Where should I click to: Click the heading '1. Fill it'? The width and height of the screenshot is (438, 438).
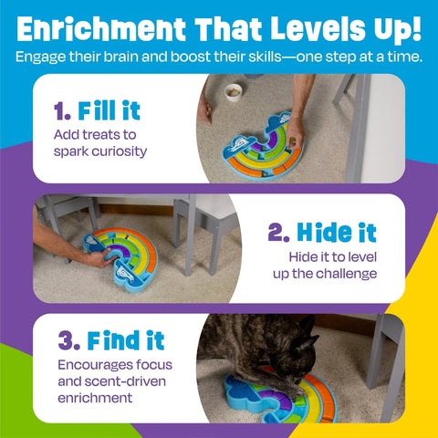click(x=97, y=112)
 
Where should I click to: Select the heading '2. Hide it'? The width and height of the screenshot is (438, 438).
click(x=322, y=232)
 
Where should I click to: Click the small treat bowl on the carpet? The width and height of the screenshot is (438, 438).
click(x=235, y=91)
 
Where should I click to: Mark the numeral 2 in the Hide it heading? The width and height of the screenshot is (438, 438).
click(x=275, y=232)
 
